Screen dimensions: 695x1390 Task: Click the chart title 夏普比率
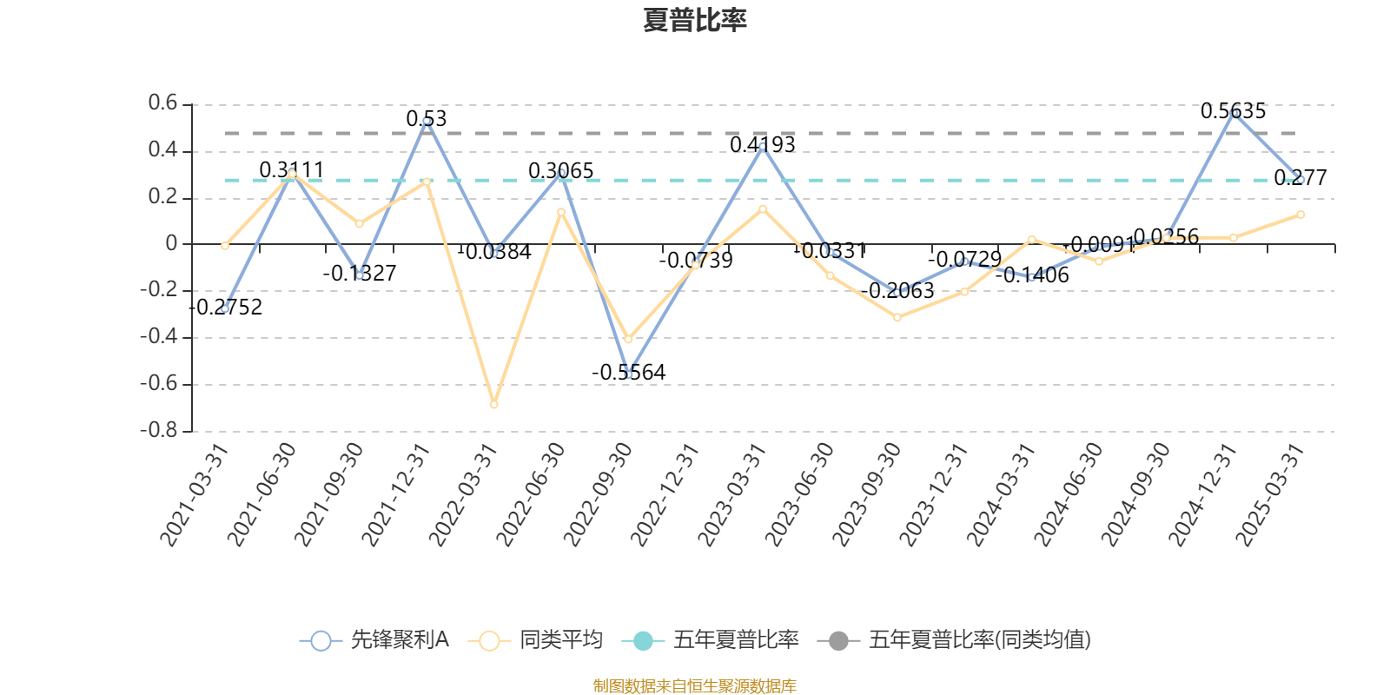tap(694, 20)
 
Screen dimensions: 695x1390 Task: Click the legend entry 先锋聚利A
tap(374, 641)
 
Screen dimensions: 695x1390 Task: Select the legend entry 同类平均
tap(535, 641)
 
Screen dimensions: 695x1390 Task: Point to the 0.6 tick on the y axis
tap(162, 104)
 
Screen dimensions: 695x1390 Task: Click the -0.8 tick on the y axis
tap(159, 431)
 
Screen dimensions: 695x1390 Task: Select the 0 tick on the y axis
tap(171, 244)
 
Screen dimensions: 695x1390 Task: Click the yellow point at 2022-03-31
tap(493, 405)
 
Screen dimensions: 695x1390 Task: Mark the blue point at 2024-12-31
tap(1234, 112)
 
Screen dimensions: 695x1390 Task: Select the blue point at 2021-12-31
tap(427, 122)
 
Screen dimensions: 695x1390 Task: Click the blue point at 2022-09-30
tap(628, 374)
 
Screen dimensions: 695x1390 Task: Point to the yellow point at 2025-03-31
tap(1301, 214)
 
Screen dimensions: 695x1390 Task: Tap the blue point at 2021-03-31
tap(225, 308)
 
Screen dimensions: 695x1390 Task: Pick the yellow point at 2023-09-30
tap(897, 318)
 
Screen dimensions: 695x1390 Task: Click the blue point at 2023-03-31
tap(763, 146)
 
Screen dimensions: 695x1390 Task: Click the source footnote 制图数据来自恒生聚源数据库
tap(694, 686)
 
